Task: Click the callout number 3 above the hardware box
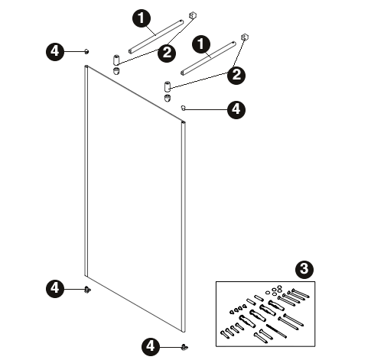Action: coord(304,269)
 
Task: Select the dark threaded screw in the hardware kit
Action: coord(276,331)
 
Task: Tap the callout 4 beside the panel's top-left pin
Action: coord(55,51)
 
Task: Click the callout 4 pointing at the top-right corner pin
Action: coord(236,110)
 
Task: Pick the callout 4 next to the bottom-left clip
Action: coord(55,288)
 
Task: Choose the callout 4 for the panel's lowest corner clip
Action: coord(151,346)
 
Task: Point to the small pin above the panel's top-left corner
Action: coord(87,51)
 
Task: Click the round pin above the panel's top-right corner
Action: coord(183,108)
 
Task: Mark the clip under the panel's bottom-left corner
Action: coord(88,290)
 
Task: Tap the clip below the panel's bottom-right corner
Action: coord(184,347)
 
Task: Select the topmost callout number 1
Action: coord(142,18)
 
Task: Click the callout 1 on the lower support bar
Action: coord(201,44)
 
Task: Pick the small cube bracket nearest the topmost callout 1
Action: coord(193,15)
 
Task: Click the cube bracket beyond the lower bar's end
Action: coord(245,37)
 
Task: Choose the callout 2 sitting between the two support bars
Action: coord(167,53)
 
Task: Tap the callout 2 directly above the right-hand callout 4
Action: coord(236,75)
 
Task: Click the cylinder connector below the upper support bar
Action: coord(116,60)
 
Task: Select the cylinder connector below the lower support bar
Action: coord(168,86)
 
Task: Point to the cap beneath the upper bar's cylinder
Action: coord(116,70)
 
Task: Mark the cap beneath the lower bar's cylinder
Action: coord(168,98)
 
